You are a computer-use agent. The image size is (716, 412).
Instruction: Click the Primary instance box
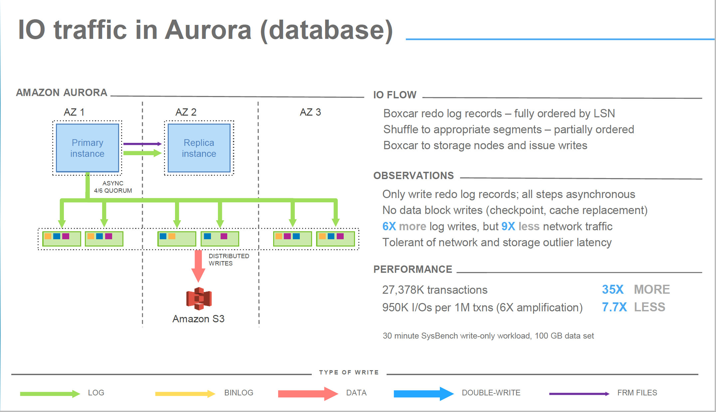87,148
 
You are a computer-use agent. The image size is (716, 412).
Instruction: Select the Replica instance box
199,148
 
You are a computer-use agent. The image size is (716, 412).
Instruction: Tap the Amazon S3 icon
199,298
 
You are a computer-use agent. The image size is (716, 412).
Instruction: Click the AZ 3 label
310,112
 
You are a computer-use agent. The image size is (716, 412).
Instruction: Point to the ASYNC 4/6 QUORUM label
113,187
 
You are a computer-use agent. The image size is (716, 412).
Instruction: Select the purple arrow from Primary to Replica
142,144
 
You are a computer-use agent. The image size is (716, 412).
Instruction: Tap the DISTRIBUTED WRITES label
229,259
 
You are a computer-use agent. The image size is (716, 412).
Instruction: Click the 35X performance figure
613,289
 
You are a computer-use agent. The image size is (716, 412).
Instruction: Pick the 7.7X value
614,307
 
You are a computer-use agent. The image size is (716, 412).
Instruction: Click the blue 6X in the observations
389,226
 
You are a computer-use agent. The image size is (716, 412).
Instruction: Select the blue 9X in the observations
508,226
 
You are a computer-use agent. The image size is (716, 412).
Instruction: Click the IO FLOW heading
395,95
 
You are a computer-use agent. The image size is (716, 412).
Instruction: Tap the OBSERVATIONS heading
414,175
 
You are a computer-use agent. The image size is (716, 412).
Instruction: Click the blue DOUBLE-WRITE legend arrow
423,394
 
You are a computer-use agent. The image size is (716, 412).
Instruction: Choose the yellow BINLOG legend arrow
185,394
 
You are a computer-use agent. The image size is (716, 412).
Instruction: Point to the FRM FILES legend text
637,393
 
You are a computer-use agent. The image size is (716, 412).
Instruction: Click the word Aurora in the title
208,30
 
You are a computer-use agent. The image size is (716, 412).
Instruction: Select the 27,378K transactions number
403,290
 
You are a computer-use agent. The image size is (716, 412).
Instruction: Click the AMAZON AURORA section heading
62,92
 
